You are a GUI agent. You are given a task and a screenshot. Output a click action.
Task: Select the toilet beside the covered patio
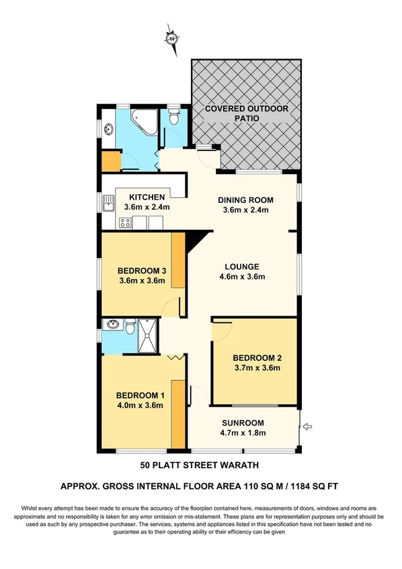[x=174, y=119]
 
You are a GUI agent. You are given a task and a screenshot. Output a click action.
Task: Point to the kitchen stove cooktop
[x=124, y=222]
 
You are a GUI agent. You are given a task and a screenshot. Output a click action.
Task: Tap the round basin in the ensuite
[x=112, y=327]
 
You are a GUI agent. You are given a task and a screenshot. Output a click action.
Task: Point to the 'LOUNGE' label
[x=242, y=267]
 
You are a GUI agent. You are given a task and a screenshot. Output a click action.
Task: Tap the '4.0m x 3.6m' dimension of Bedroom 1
[x=140, y=405]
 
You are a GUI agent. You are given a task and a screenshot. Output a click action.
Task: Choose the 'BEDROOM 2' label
[x=255, y=357]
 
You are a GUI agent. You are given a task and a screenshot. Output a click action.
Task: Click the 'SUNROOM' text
[x=243, y=423]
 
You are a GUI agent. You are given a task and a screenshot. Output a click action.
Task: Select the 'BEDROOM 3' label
[x=141, y=271]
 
